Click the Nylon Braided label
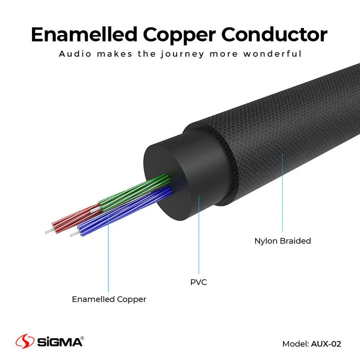(282, 241)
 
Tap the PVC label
(198, 282)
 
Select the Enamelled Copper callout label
(109, 299)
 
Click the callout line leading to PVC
(198, 235)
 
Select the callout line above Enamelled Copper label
(108, 255)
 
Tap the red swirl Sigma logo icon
(24, 342)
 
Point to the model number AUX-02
(325, 343)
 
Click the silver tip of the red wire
(48, 231)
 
